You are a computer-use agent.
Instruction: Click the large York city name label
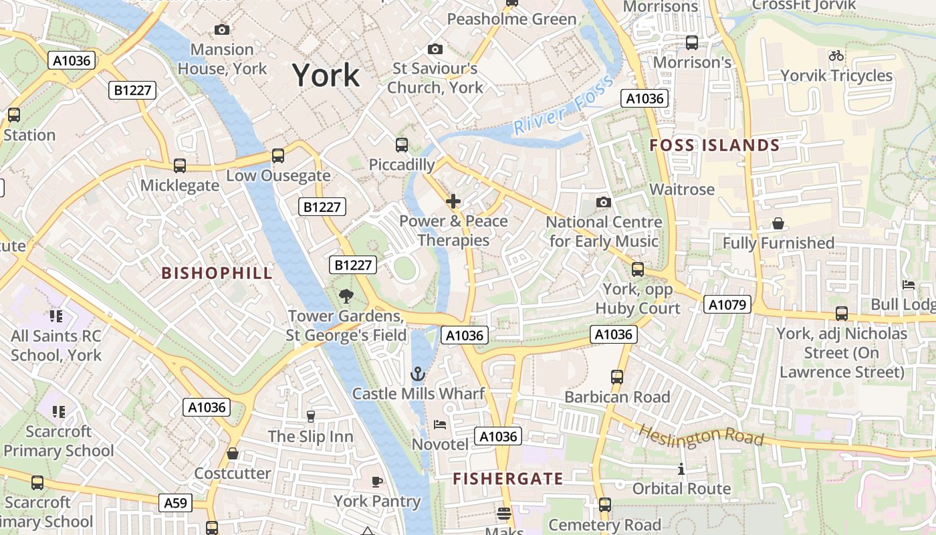pyautogui.click(x=326, y=76)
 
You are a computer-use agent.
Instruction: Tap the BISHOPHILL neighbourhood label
pyautogui.click(x=217, y=273)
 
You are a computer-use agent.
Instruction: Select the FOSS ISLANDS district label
pyautogui.click(x=715, y=145)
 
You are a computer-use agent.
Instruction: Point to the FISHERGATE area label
pyautogui.click(x=507, y=479)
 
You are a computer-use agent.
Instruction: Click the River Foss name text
pyautogui.click(x=564, y=106)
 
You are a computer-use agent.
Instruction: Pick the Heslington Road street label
pyautogui.click(x=701, y=435)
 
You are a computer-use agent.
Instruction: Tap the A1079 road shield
pyautogui.click(x=727, y=305)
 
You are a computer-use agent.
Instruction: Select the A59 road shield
pyautogui.click(x=175, y=503)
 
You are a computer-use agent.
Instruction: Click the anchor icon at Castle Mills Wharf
pyautogui.click(x=418, y=374)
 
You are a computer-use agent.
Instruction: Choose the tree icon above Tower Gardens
pyautogui.click(x=346, y=296)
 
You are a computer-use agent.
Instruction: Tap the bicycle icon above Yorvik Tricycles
pyautogui.click(x=836, y=56)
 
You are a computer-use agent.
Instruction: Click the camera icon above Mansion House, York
pyautogui.click(x=222, y=29)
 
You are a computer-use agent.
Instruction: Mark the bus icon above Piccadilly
pyautogui.click(x=402, y=144)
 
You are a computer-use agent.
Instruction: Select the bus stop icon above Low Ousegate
pyautogui.click(x=277, y=156)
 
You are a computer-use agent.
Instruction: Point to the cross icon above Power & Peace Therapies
pyautogui.click(x=453, y=201)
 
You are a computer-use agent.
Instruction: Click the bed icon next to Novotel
pyautogui.click(x=440, y=424)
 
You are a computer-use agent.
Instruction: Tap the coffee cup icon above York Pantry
pyautogui.click(x=377, y=481)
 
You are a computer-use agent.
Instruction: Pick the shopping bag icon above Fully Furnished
pyautogui.click(x=778, y=223)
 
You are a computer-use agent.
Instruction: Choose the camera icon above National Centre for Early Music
pyautogui.click(x=603, y=202)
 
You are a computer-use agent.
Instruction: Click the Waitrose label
pyautogui.click(x=682, y=189)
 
